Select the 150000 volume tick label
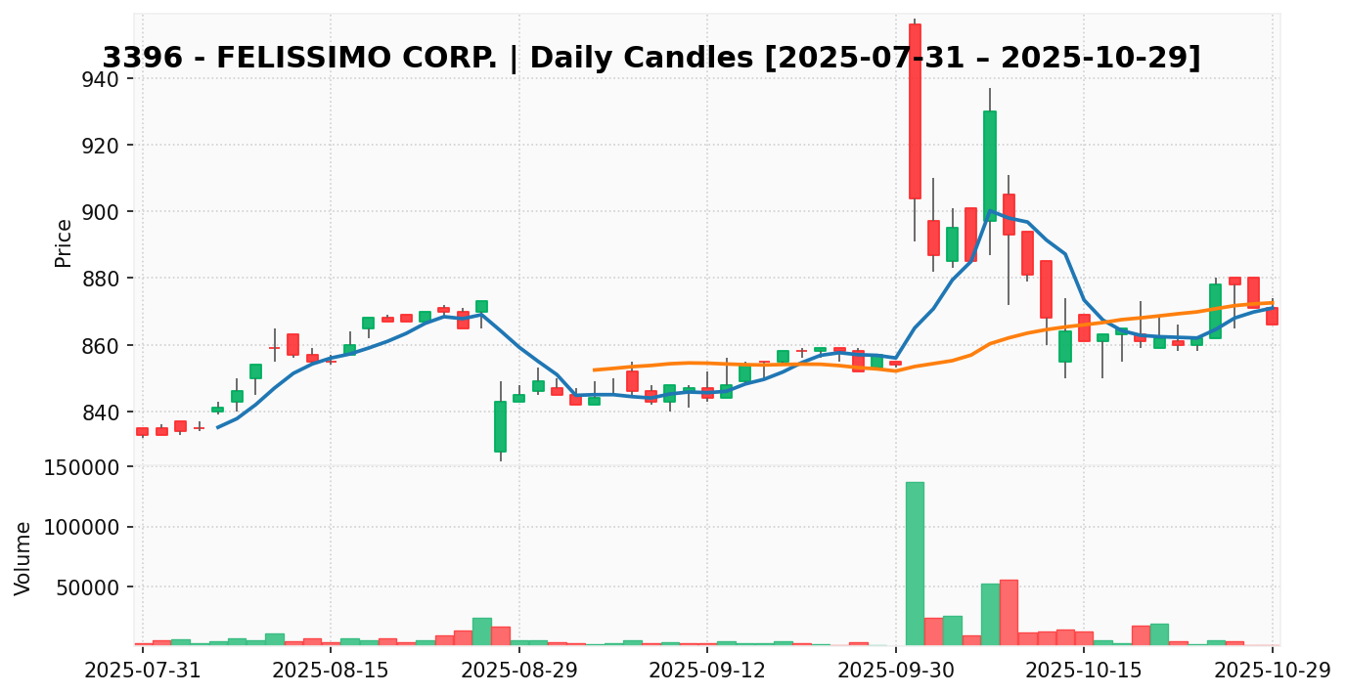coord(86,467)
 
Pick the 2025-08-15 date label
coord(331,671)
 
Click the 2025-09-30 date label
coord(896,671)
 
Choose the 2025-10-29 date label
coord(1273,671)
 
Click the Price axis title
coord(64,242)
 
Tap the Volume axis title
coord(23,558)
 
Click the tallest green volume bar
coord(915,563)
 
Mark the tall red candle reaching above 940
coord(915,111)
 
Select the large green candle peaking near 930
coord(990,165)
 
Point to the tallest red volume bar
coord(1009,612)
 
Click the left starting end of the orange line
coord(594,369)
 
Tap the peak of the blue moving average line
coord(990,210)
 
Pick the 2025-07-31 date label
coord(143,671)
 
